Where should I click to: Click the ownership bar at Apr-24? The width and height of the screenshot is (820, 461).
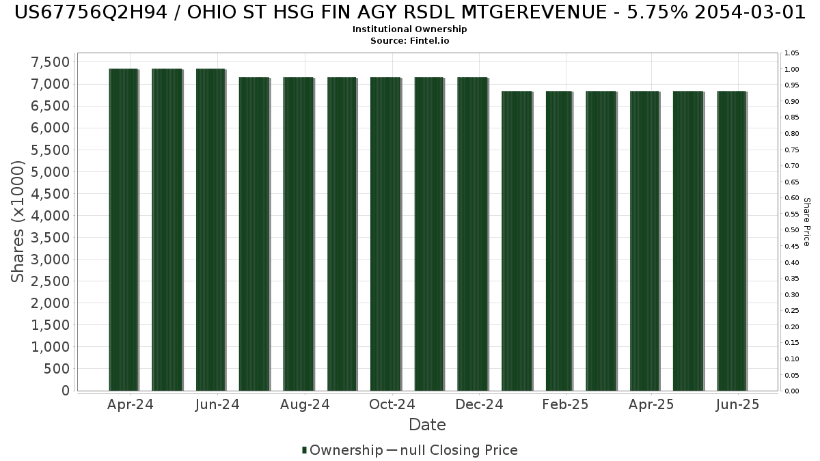124,229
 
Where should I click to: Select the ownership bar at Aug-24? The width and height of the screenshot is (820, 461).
299,234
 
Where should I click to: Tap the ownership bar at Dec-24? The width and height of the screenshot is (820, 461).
473,234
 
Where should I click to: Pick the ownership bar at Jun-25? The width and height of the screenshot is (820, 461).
732,240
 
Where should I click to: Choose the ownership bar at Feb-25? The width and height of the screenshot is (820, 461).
559,240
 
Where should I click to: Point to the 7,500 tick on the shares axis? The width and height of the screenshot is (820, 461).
50,62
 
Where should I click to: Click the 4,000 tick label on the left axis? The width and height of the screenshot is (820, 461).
50,216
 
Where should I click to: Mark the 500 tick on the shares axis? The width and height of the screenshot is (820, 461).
57,369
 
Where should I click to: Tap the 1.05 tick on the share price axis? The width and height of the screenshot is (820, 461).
792,53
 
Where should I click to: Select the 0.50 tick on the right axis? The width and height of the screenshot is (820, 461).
792,230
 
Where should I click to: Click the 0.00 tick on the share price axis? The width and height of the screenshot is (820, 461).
792,391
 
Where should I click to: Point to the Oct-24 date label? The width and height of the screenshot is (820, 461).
392,404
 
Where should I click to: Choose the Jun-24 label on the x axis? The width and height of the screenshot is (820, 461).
217,404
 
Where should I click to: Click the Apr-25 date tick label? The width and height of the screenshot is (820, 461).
651,404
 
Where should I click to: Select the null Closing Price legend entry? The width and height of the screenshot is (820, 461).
452,450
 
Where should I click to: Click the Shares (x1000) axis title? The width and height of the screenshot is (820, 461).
17,222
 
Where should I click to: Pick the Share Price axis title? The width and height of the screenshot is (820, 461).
806,222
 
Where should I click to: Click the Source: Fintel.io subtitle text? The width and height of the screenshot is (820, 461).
409,40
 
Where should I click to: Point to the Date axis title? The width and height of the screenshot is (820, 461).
427,425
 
